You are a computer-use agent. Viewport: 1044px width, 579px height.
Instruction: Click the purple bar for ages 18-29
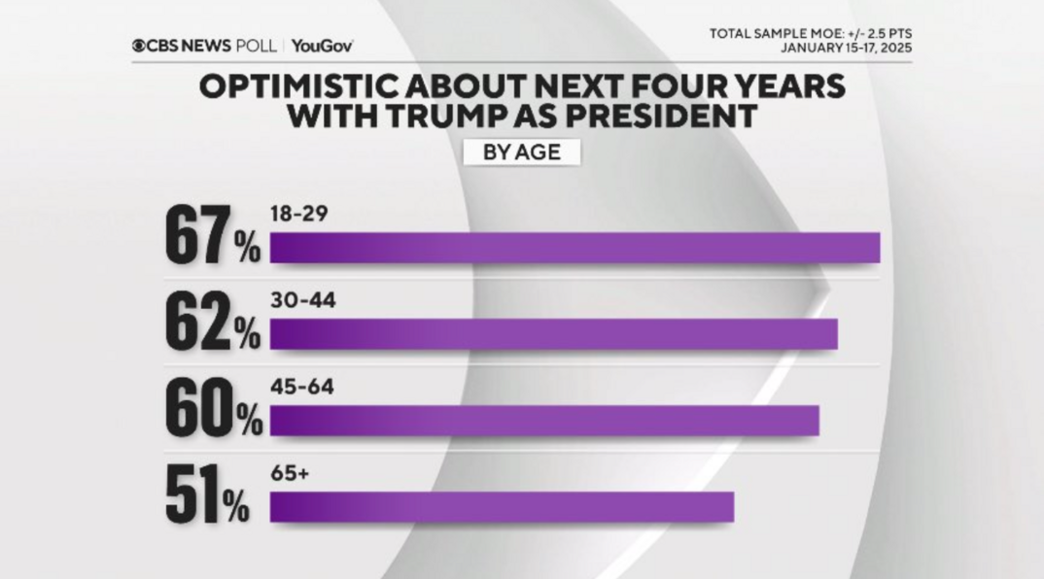(574, 249)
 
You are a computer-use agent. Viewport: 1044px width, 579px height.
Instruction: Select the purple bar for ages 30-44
(553, 333)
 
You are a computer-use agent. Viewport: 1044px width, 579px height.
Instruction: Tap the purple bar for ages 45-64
(544, 421)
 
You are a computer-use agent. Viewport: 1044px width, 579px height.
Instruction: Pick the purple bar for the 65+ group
(502, 507)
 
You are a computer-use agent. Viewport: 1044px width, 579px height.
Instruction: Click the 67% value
(212, 236)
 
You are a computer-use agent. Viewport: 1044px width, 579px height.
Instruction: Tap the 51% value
(207, 495)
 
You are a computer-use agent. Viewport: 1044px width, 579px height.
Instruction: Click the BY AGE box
(520, 153)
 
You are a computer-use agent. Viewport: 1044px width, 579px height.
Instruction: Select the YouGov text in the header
(321, 46)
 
